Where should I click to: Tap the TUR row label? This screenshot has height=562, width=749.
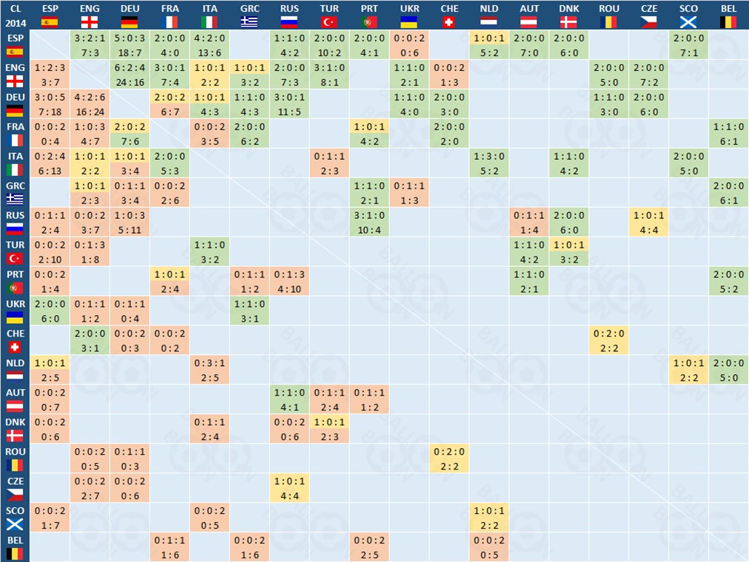coord(15,251)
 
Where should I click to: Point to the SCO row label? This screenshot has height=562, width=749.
coord(15,518)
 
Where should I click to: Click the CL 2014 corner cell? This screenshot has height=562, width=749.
coord(15,15)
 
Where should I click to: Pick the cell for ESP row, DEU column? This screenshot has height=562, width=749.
coord(130,44)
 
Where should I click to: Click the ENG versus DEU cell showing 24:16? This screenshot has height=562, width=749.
coord(130,74)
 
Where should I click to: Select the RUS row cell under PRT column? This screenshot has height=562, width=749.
coord(369,222)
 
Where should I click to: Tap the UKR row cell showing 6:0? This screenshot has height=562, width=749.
coord(50,311)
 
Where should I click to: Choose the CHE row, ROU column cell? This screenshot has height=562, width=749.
coord(608,340)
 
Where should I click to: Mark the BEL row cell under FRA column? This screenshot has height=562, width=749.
coord(169,547)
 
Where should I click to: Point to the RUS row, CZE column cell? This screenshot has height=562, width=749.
coord(648,222)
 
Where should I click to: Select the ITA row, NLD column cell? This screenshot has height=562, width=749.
coord(488,163)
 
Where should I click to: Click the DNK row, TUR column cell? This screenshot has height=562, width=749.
coord(329,429)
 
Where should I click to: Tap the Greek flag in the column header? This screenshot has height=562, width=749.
coord(249,22)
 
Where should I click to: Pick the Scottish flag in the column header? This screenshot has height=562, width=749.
coord(688,22)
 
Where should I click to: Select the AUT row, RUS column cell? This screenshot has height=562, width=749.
coord(289,399)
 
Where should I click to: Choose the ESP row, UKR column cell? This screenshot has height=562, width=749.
coord(409,44)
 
